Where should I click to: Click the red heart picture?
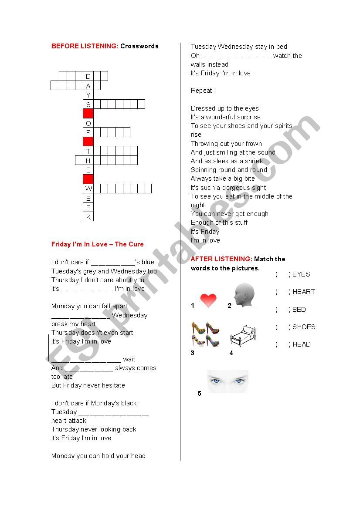coord(208,300)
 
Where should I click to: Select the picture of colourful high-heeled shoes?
coord(205,334)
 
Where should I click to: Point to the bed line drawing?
coord(243,336)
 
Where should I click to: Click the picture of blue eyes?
coord(228,381)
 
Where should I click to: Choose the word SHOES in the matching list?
coord(304,327)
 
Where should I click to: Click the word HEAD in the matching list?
coord(302,344)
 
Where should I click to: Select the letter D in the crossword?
coord(88,76)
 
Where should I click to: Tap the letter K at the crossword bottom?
coord(88,217)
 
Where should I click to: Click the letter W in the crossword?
coord(88,189)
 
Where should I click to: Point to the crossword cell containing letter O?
coord(88,123)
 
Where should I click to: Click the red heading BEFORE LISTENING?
coord(85,46)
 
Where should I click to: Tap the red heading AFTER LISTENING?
coord(221,259)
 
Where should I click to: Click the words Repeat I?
coord(203,91)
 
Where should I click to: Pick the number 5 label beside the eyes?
coord(199,394)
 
